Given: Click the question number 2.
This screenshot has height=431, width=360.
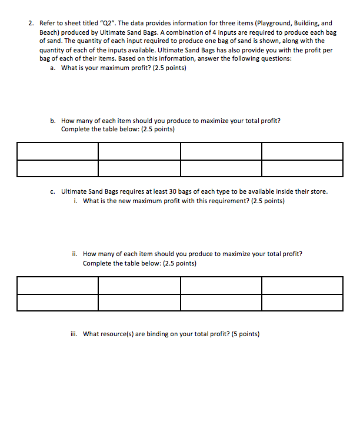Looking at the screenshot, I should (x=31, y=23).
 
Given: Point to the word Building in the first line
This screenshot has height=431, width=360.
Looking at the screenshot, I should (x=306, y=23).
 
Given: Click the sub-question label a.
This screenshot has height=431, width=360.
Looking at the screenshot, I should (x=53, y=68).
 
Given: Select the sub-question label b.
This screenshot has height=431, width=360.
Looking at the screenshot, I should (x=53, y=121).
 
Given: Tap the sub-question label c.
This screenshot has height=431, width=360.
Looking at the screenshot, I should (x=53, y=191).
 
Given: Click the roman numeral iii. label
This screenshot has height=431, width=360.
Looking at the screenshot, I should (x=74, y=334).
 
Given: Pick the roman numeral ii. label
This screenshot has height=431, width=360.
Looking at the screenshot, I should (x=74, y=254).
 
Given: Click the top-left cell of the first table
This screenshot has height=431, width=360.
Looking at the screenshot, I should (x=58, y=151).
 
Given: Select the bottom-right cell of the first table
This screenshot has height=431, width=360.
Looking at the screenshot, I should (x=302, y=168).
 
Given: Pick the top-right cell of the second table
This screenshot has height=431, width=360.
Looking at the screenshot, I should (x=302, y=286).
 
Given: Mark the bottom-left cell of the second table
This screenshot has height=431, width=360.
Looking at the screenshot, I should (x=58, y=303).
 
